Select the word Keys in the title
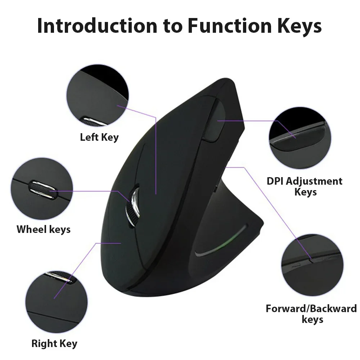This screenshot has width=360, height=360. click(x=295, y=26)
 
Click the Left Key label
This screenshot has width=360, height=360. click(x=99, y=137)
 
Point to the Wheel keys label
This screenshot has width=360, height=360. click(x=44, y=229)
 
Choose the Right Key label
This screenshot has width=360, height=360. click(x=54, y=343)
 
